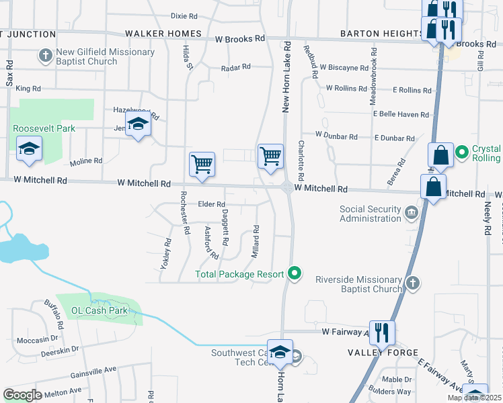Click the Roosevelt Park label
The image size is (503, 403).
pos(43,128)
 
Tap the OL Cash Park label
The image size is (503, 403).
pos(100,311)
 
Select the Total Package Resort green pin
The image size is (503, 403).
pos(293,273)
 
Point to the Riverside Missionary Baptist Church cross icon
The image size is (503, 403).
pos(413,284)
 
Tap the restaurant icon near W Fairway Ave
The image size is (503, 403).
pos(382,332)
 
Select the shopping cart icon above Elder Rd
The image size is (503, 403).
pos(202,164)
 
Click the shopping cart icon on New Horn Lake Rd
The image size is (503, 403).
pos(270,156)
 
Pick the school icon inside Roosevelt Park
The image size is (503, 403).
pos(30,148)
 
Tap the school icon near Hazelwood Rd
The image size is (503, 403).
pos(139,125)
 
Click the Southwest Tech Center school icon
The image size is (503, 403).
pos(280,351)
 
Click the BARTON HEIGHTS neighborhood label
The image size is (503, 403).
pos(381,34)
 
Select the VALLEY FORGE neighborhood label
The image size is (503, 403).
pos(383,353)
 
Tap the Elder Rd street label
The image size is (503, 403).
pos(211,204)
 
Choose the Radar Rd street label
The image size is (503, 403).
pos(236,67)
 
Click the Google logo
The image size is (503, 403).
pos(22,395)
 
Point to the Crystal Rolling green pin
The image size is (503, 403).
pos(462,153)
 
